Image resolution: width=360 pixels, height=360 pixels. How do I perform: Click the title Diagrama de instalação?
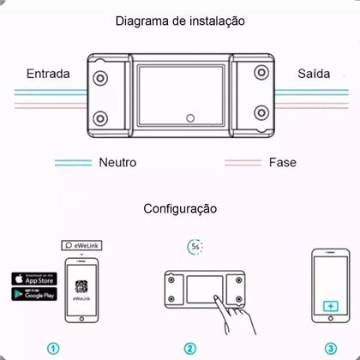tap(179, 20)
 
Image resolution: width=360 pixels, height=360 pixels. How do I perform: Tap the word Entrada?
tap(48, 74)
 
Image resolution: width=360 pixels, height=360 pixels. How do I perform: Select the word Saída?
tap(314, 74)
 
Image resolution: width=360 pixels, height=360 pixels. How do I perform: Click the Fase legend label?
tap(283, 161)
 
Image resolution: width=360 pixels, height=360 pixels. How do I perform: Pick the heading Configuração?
tap(180, 208)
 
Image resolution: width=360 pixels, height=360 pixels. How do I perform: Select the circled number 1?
tap(53, 349)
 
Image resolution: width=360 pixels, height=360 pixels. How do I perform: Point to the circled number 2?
tap(189, 349)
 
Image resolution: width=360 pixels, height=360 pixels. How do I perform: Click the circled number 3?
tap(331, 349)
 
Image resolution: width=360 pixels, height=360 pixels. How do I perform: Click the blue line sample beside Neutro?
tap(74, 162)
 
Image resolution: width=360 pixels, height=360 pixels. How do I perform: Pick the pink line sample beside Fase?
tap(243, 162)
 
